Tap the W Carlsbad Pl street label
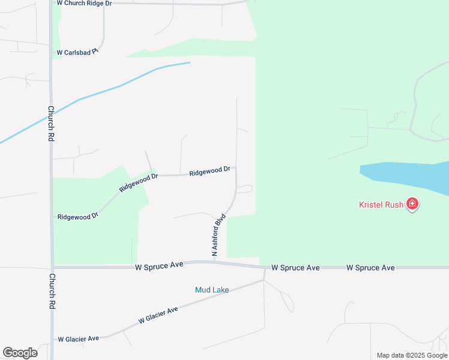tap(77, 53)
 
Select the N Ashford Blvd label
tap(218, 235)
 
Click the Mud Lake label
tap(212, 290)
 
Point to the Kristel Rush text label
tap(381, 205)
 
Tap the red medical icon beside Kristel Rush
tap(412, 205)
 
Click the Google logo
tap(20, 353)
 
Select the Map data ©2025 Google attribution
tap(412, 355)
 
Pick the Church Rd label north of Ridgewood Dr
tap(52, 124)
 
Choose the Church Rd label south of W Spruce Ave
tap(52, 291)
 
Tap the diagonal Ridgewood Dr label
tap(138, 182)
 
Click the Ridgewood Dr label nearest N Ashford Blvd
tap(209, 172)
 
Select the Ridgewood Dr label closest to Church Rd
tap(78, 216)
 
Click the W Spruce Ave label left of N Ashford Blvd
tap(159, 266)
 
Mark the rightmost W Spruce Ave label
tap(370, 268)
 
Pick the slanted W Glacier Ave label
tap(158, 316)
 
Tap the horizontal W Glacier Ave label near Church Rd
tap(78, 339)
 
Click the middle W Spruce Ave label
tap(295, 268)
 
